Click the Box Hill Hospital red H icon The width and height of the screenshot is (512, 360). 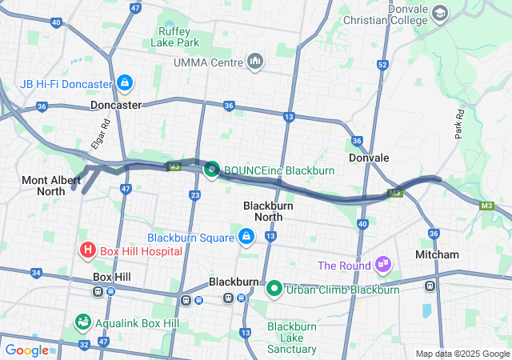(x=88, y=251)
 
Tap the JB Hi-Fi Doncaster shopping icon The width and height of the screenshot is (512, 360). (x=124, y=83)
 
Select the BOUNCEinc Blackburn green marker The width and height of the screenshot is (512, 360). (x=212, y=170)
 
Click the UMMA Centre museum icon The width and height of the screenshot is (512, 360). (x=255, y=61)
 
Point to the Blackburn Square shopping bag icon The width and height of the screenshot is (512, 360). (x=246, y=237)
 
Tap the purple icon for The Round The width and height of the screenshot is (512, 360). (x=384, y=265)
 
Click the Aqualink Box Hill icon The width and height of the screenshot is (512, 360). (x=82, y=322)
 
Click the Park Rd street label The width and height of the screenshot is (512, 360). (x=460, y=124)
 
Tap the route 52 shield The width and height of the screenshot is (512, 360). (x=383, y=65)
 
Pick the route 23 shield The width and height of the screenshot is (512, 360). (x=195, y=194)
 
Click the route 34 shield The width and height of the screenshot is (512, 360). (x=35, y=273)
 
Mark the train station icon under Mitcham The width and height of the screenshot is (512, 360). (x=430, y=285)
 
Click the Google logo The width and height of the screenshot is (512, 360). (x=26, y=350)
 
